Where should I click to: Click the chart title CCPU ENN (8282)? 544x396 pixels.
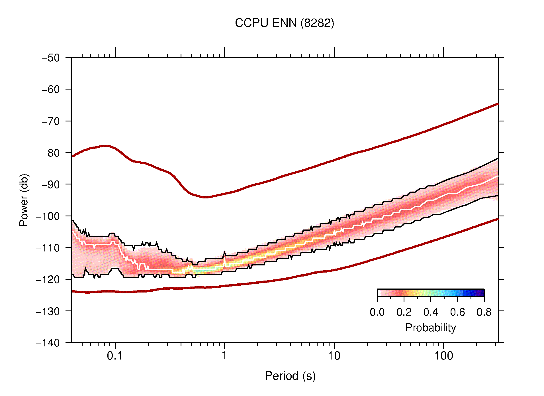coord(284,23)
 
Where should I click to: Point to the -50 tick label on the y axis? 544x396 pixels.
coord(51,58)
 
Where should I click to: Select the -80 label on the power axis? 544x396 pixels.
coord(51,153)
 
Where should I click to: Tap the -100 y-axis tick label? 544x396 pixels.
coord(48,216)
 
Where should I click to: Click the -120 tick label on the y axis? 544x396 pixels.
coord(48,279)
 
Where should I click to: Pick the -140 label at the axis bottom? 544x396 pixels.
coord(48,343)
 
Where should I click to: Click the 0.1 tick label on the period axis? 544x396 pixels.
coord(114,356)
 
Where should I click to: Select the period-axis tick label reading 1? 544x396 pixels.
coord(224,356)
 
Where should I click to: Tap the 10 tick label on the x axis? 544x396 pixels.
coord(334,356)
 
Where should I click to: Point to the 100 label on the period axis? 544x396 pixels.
coord(443,356)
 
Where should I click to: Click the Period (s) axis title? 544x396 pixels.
coord(290,376)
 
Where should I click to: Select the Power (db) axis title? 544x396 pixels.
coord(24,200)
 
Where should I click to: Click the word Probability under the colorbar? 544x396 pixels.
coord(430,328)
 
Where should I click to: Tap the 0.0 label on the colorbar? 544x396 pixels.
coord(377,312)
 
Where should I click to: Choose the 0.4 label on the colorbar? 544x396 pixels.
coord(431,312)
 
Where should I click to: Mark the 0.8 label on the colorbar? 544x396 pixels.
coord(484,312)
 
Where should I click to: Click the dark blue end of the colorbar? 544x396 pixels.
coord(480,293)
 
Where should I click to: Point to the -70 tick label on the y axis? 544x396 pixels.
coord(51,121)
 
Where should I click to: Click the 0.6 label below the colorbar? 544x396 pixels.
coord(457,312)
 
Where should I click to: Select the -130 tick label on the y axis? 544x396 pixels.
coord(48,311)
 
